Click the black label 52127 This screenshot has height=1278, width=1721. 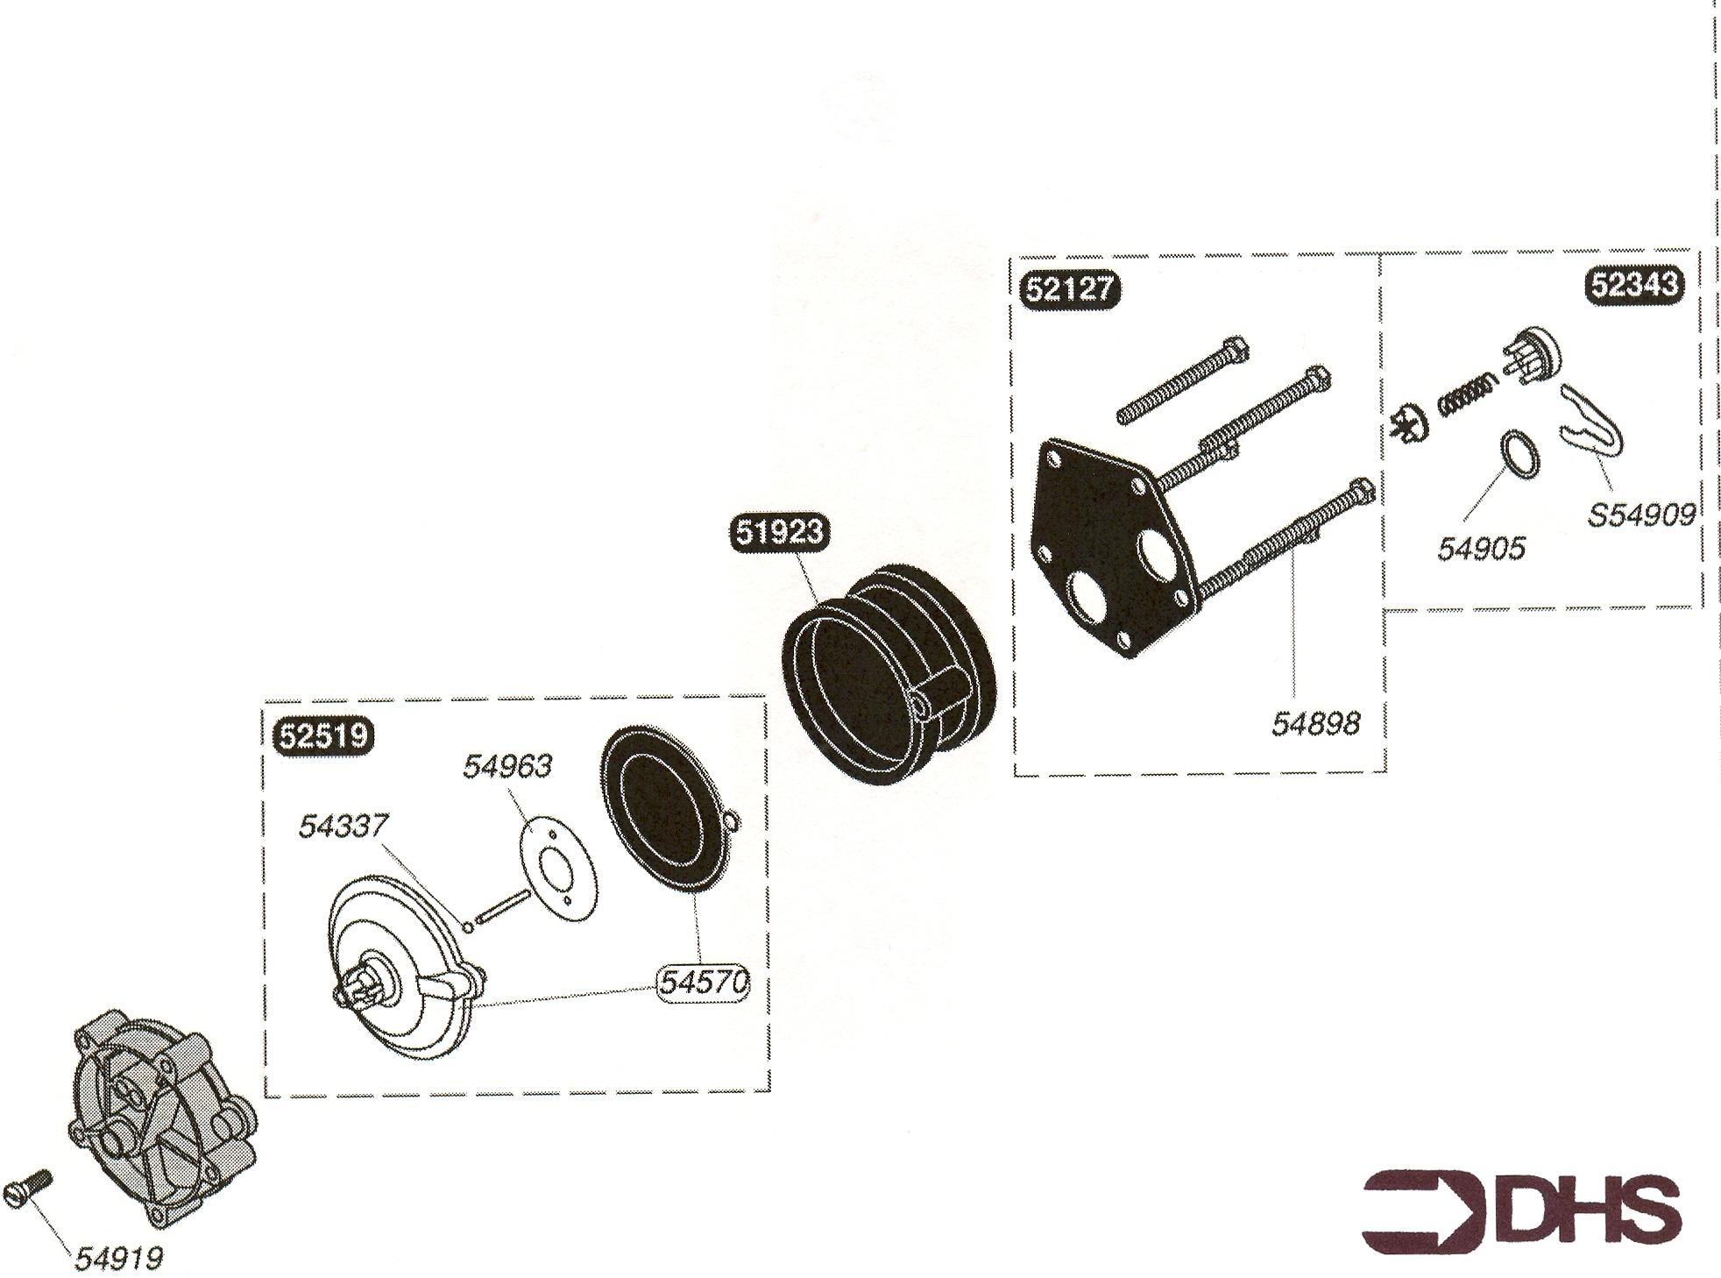coord(1070,289)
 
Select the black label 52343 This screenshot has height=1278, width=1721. coord(1635,284)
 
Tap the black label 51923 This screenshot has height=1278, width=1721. coord(780,532)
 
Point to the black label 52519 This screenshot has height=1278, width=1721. coord(324,735)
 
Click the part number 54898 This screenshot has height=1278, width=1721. coord(1316,723)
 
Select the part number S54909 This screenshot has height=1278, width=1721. coord(1641,515)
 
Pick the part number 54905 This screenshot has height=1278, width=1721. coord(1481,549)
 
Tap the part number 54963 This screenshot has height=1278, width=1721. coord(507,766)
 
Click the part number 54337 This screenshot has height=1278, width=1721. coord(343,826)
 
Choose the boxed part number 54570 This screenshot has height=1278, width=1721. coord(704,983)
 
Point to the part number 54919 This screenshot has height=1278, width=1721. coord(118,1259)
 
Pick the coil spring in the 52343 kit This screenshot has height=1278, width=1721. coord(1467,391)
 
